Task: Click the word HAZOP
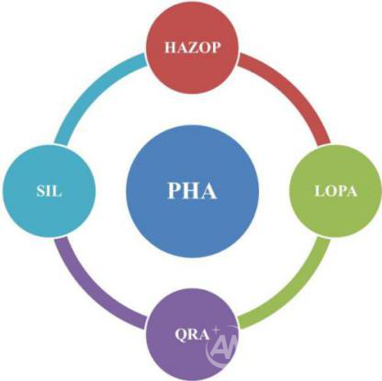[x=193, y=48]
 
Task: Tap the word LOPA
[x=336, y=191]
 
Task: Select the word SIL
[x=49, y=191]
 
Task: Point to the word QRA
[x=192, y=334]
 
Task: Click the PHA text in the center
[x=192, y=190]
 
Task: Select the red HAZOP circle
[x=192, y=47]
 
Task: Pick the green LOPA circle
[x=336, y=191]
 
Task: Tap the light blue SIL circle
[x=49, y=191]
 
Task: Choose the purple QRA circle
[x=192, y=334]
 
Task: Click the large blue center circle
[x=192, y=192]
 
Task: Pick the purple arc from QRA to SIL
[x=91, y=293]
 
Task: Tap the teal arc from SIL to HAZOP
[x=91, y=89]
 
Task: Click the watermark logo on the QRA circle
[x=222, y=347]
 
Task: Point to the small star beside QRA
[x=216, y=331]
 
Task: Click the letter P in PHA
[x=174, y=190]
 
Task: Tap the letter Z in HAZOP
[x=192, y=48]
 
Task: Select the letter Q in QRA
[x=181, y=335]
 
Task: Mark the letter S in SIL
[x=41, y=191]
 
